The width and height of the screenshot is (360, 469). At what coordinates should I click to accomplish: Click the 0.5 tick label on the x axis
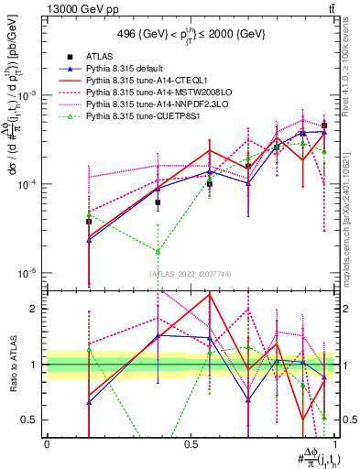tap(191, 443)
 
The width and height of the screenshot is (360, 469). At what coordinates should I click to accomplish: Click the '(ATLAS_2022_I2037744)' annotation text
tap(191, 273)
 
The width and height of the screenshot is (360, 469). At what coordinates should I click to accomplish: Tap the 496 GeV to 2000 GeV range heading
tap(191, 35)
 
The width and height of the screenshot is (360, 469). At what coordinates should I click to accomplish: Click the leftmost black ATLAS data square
tap(63, 221)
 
